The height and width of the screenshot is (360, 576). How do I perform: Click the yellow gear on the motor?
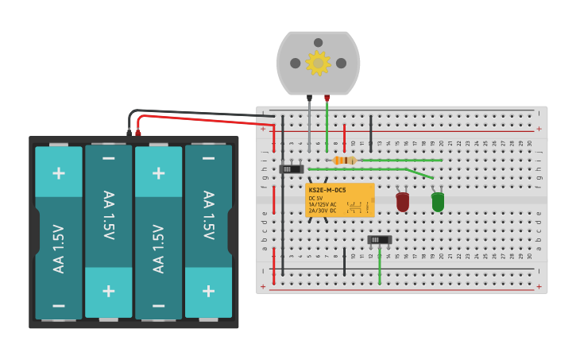pos(318,63)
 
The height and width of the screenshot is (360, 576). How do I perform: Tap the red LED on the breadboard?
pos(403,202)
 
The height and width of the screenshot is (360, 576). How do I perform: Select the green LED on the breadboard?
pos(438,202)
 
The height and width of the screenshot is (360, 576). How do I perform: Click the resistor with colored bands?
pos(344,161)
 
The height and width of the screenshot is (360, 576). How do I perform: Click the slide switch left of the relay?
pos(292,168)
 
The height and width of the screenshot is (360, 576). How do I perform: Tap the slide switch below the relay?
pos(380,239)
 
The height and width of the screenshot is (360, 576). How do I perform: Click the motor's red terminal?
pos(327,99)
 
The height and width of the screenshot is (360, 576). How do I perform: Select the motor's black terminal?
pos(309,99)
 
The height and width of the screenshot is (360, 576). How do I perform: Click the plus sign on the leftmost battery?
pos(59,172)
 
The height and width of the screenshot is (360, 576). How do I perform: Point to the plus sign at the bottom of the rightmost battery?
pos(209,291)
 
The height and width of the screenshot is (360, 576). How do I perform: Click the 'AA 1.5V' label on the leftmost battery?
pos(59,249)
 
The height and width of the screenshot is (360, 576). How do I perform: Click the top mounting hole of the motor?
pos(318,43)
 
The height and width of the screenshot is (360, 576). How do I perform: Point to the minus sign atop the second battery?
pos(109,158)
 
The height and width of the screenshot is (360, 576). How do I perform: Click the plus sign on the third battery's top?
pos(159,172)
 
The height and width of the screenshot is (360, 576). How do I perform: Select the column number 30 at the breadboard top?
pos(529,143)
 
